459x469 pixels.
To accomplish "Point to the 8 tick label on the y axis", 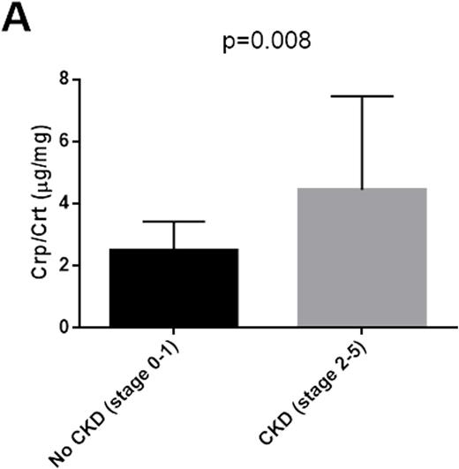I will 64,79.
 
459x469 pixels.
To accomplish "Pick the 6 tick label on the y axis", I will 64,141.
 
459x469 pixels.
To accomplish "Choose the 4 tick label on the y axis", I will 64,203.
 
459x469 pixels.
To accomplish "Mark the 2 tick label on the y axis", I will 64,265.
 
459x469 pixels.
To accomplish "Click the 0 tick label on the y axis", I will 64,328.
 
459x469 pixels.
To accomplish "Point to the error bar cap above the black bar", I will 174,222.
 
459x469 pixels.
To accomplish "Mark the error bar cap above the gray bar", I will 364,95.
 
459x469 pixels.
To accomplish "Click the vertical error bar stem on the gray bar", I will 364,141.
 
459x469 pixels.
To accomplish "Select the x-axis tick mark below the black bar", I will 174,333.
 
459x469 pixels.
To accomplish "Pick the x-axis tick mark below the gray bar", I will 364,333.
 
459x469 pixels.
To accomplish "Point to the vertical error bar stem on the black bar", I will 174,235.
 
